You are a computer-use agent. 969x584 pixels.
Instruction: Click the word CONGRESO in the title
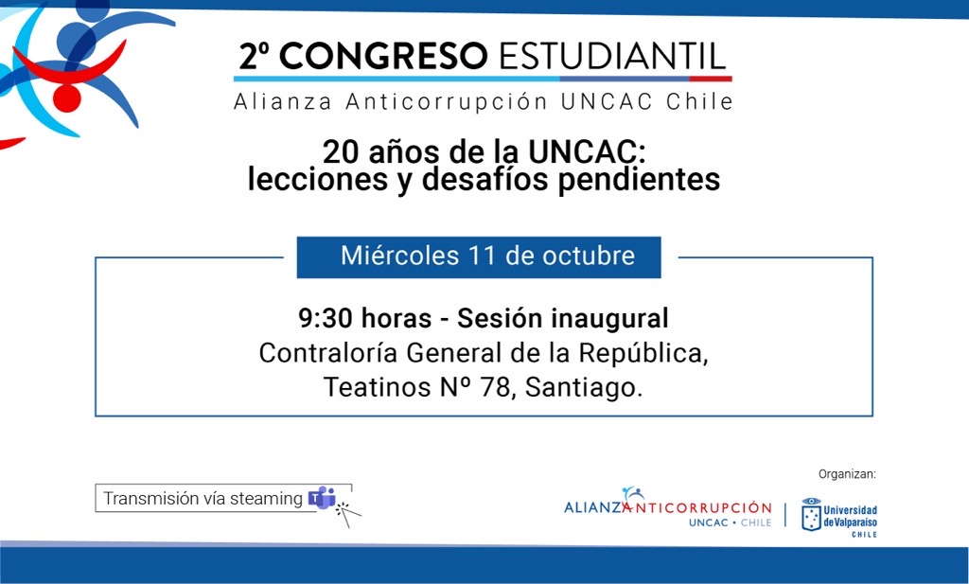(383, 56)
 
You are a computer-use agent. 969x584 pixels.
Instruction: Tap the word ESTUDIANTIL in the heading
(612, 56)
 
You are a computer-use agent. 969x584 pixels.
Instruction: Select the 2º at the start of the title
(254, 56)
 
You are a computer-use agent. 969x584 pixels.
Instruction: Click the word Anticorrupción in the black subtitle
(447, 101)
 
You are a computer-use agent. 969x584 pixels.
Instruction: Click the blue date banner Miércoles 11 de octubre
(479, 257)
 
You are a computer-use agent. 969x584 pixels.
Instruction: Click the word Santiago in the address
(584, 388)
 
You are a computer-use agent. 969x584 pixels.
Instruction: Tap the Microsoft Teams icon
(322, 498)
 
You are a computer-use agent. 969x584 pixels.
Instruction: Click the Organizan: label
(847, 474)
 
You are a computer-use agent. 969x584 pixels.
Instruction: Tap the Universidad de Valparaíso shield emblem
(811, 515)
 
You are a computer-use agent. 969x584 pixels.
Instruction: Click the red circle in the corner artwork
(67, 98)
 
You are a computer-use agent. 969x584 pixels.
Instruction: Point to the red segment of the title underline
(711, 80)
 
